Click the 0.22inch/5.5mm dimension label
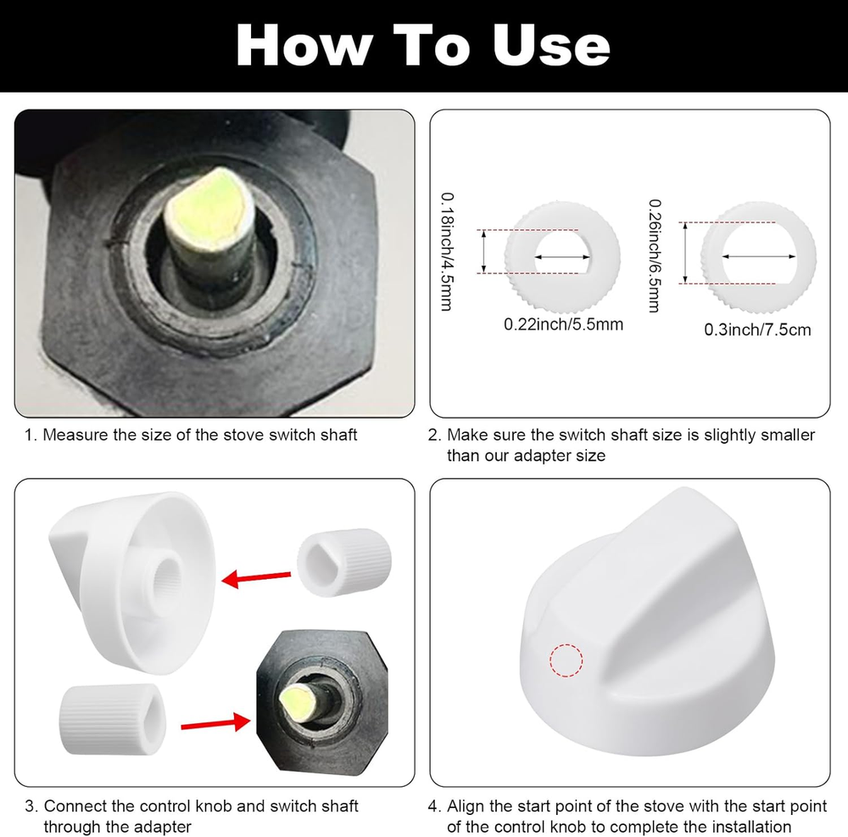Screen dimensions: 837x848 click(x=563, y=323)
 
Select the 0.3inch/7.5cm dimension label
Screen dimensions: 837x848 click(x=757, y=329)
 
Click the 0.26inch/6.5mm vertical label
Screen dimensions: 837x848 click(x=654, y=256)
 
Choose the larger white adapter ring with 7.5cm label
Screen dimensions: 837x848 click(x=758, y=255)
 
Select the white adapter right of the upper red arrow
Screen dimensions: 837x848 click(x=343, y=561)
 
